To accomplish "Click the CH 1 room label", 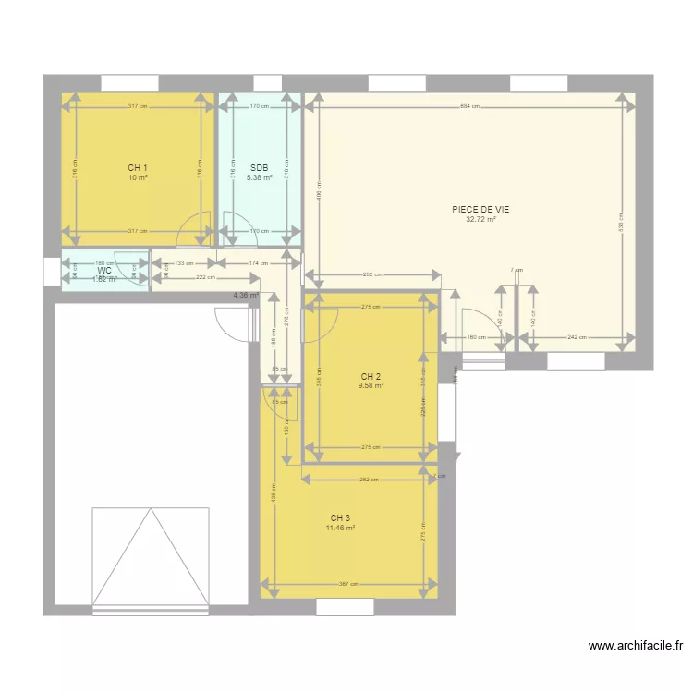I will tap(138, 168).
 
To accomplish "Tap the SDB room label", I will tap(259, 168).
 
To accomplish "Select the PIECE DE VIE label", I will tap(480, 210).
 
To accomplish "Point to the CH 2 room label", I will tap(371, 377).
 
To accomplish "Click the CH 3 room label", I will tap(340, 518).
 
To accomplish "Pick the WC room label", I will tap(104, 271).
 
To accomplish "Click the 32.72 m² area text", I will tap(480, 220).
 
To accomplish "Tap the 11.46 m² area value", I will tap(340, 529).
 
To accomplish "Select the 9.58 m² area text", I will tap(371, 386).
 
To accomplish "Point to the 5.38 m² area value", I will tap(259, 177).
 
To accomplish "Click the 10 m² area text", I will tap(138, 177).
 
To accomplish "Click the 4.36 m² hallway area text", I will tap(246, 296).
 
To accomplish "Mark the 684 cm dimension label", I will tap(469, 106).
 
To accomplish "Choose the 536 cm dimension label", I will tap(621, 222).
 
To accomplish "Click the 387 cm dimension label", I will tap(347, 584).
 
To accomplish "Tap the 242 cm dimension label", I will tap(577, 337).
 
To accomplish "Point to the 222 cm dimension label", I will tap(205, 277).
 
